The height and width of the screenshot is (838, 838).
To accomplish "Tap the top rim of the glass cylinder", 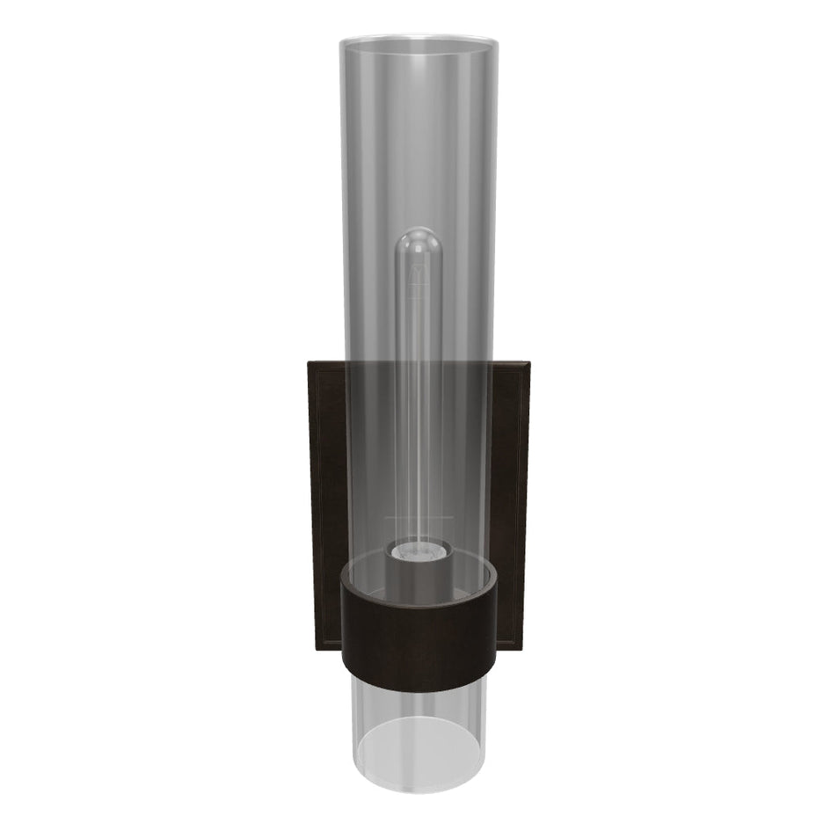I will pos(419,39).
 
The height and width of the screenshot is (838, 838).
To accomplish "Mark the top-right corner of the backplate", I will pos(528,361).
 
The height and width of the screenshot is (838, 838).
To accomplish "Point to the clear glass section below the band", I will pos(419,703).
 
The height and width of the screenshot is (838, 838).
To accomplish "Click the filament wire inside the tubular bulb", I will pos(419,396).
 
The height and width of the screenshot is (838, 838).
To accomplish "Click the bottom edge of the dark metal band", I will pos(419,690).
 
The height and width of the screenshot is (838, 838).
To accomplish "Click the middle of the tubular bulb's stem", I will pos(419,387).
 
